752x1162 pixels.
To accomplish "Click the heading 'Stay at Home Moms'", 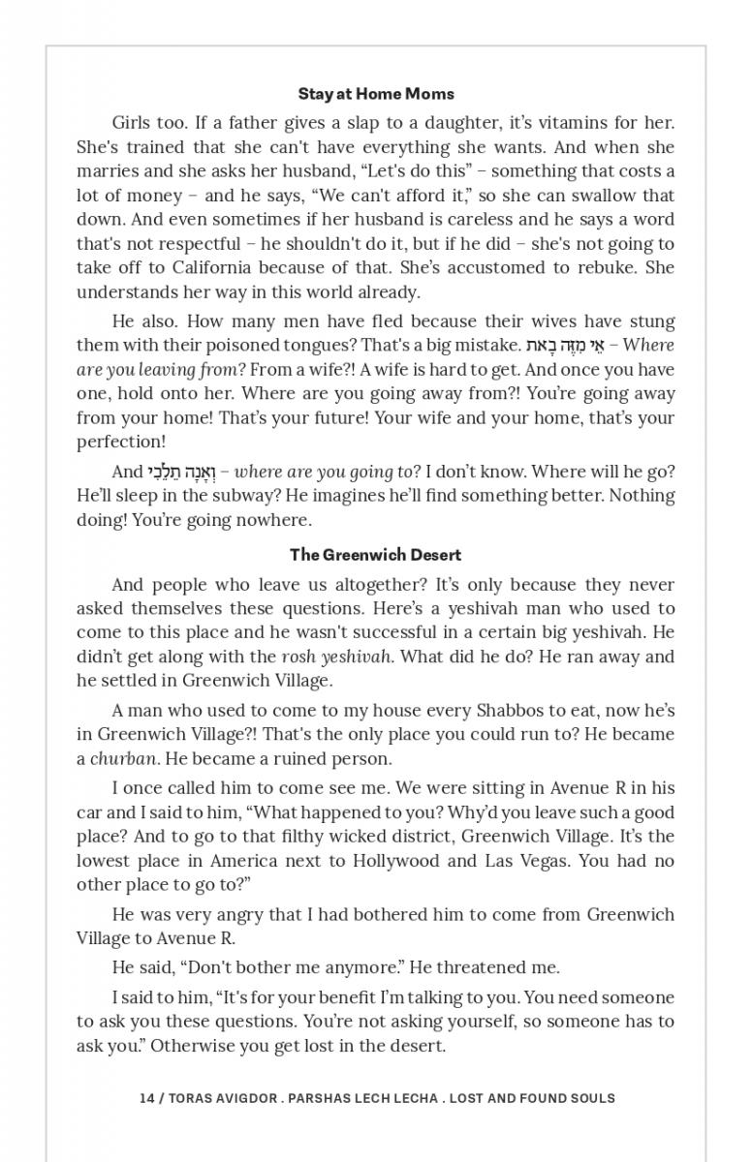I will coord(376,94).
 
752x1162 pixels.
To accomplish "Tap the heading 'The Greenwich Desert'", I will coord(376,555).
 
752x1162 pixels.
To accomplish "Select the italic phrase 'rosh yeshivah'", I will coord(336,657).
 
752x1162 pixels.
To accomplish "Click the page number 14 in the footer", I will coord(146,1098).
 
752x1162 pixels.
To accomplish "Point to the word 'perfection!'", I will coord(121,442).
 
